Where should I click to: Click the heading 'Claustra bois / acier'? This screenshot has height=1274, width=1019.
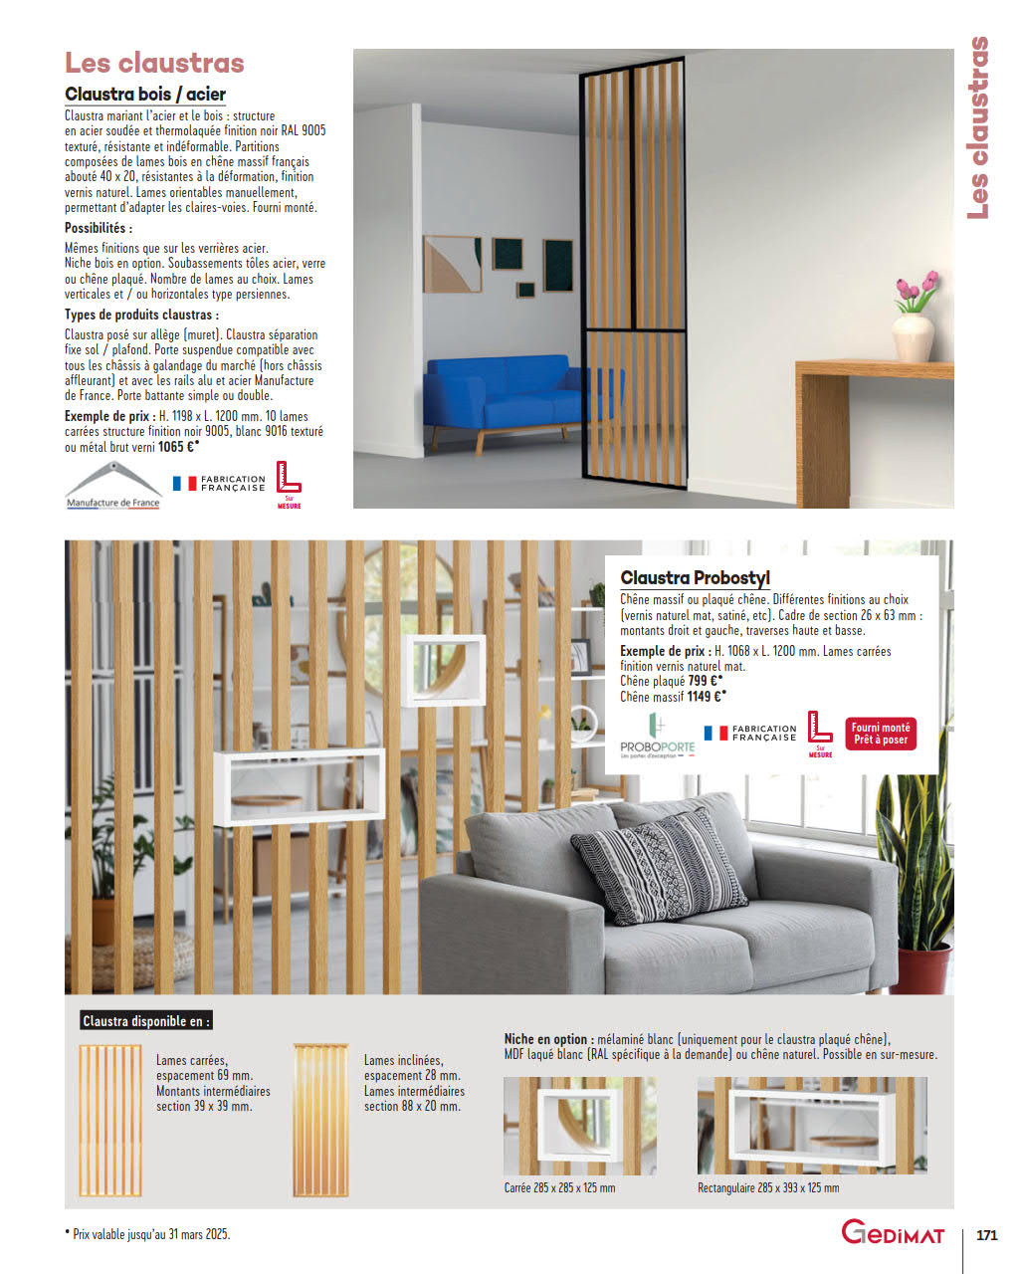pyautogui.click(x=145, y=95)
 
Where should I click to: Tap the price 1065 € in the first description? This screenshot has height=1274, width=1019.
pyautogui.click(x=178, y=447)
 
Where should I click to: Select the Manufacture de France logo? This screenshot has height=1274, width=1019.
pyautogui.click(x=112, y=486)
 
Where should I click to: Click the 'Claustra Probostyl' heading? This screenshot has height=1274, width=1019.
pyautogui.click(x=695, y=578)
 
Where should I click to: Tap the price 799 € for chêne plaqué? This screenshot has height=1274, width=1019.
pyautogui.click(x=705, y=681)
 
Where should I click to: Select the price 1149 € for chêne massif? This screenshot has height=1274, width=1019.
pyautogui.click(x=707, y=697)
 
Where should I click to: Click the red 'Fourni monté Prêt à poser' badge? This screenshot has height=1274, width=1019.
pyautogui.click(x=881, y=734)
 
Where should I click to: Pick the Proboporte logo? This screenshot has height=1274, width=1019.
pyautogui.click(x=657, y=737)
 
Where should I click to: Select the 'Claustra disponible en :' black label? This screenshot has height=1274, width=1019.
pyautogui.click(x=146, y=1021)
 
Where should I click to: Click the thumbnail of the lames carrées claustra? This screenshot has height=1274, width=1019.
pyautogui.click(x=110, y=1120)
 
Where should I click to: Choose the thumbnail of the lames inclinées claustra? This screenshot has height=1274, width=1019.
pyautogui.click(x=321, y=1120)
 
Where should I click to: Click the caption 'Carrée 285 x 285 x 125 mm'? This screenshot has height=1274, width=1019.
pyautogui.click(x=559, y=1188)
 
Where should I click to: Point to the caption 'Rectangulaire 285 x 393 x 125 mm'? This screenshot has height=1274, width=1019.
pyautogui.click(x=768, y=1188)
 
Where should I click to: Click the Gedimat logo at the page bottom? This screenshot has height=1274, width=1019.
pyautogui.click(x=894, y=1233)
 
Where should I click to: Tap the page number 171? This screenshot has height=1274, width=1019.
pyautogui.click(x=986, y=1235)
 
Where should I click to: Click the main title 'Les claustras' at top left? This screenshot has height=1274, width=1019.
pyautogui.click(x=154, y=63)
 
